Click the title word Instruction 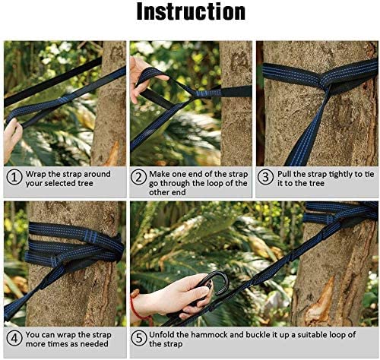pyautogui.click(x=191, y=13)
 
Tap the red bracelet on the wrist pyautogui.click(x=137, y=306)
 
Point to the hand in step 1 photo pyautogui.click(x=12, y=137)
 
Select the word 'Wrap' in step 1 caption pyautogui.click(x=38, y=174)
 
